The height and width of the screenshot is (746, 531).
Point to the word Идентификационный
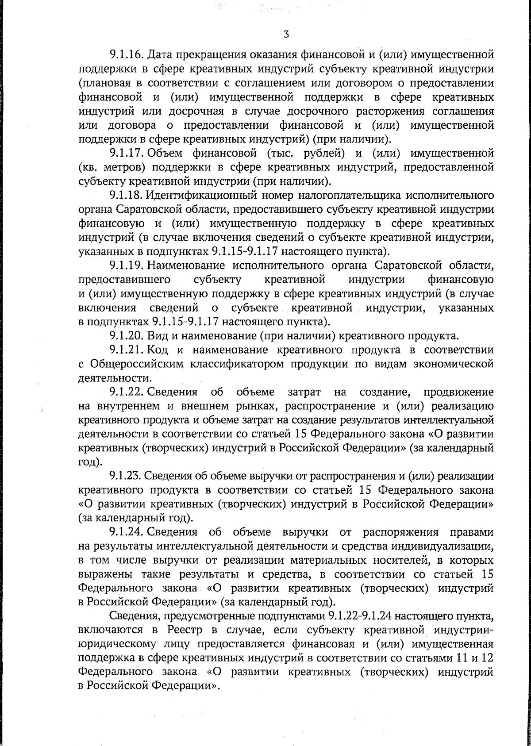pos(198,195)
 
